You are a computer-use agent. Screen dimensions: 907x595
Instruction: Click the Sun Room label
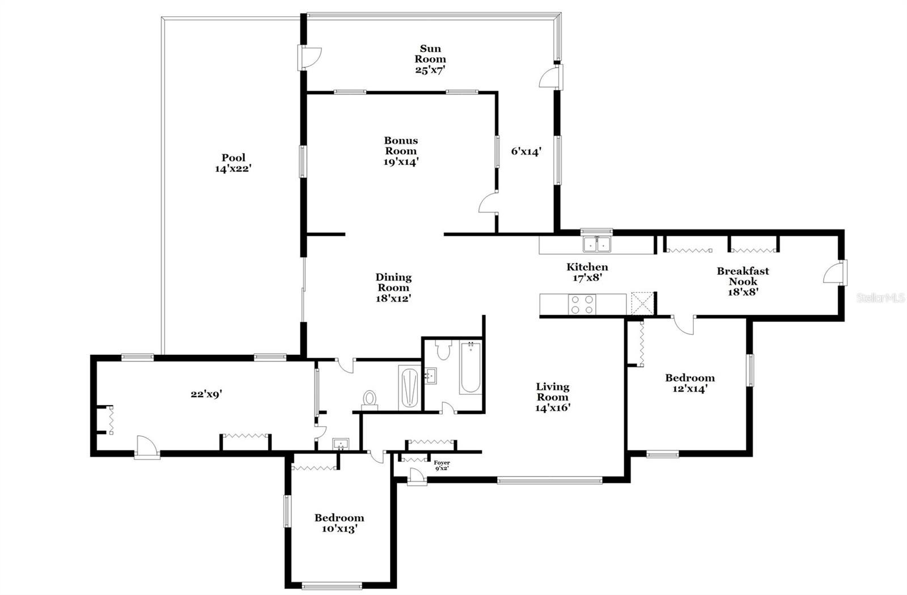coord(430,59)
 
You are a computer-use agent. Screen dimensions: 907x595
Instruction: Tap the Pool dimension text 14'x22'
coord(233,168)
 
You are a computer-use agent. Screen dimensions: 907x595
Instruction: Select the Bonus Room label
coord(401,151)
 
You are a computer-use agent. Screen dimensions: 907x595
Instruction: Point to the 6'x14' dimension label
coord(526,151)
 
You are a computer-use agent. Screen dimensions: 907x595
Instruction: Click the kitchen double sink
coord(597,244)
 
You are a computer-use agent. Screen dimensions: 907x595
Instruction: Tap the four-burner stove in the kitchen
coord(582,305)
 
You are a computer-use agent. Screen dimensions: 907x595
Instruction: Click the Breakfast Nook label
coord(743,281)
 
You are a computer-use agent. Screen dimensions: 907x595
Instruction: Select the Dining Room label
coord(393,288)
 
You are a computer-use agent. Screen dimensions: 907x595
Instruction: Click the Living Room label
coord(553,397)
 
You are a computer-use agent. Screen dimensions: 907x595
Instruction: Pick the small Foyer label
coord(442,465)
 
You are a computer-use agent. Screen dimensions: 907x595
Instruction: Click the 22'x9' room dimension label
coord(206,394)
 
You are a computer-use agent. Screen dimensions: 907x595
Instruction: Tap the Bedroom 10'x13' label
coord(340,523)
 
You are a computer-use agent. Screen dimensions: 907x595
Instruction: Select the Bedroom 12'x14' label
coord(690,383)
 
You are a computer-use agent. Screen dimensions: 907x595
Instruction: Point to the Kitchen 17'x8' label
coord(587,272)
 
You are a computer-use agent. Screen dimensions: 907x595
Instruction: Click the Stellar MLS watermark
coord(880,298)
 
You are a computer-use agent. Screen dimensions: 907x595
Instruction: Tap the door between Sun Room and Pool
coord(309,57)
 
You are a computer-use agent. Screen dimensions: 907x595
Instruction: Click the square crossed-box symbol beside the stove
coord(643,303)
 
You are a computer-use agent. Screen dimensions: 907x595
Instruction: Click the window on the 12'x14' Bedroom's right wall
coord(751,371)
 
